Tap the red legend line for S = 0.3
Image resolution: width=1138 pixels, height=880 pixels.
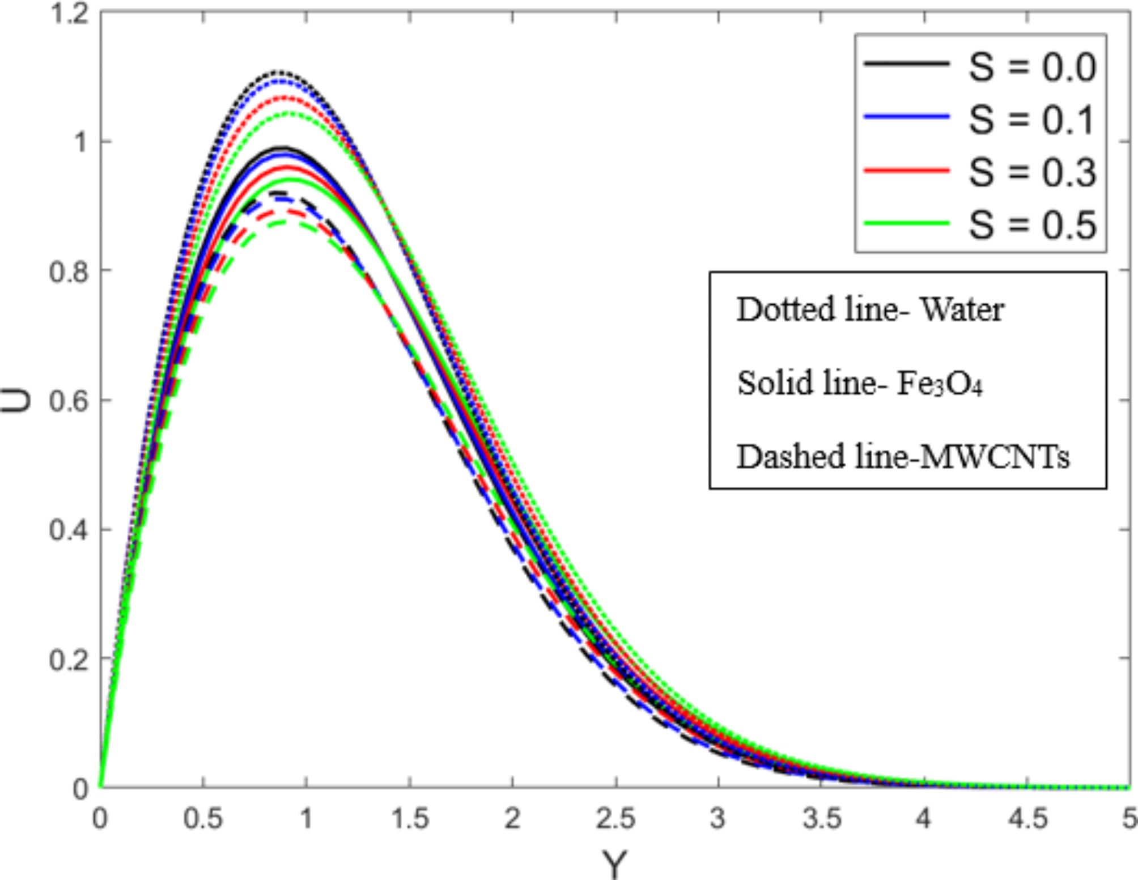click(x=907, y=170)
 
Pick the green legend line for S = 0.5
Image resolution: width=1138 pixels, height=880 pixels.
click(x=907, y=223)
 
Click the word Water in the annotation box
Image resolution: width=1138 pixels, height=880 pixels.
click(x=962, y=310)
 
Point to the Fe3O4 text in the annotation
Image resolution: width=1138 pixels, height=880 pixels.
click(x=939, y=384)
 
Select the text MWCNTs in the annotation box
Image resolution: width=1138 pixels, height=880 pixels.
click(x=995, y=457)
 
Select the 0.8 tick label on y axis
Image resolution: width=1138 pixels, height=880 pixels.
click(x=69, y=272)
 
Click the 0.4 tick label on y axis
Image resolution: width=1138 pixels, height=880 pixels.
click(x=69, y=530)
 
